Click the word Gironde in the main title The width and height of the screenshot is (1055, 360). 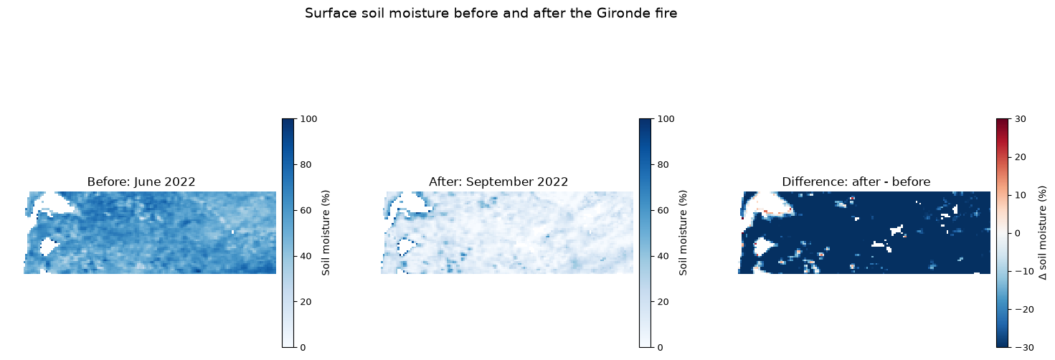pyautogui.click(x=618, y=13)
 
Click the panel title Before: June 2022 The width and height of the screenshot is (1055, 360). pyautogui.click(x=141, y=182)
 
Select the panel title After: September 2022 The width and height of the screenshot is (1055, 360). pyautogui.click(x=498, y=182)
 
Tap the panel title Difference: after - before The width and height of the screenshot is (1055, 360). pyautogui.click(x=856, y=182)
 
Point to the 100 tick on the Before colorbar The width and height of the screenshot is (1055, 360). pyautogui.click(x=308, y=119)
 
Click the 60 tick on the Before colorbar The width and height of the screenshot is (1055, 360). pyautogui.click(x=306, y=210)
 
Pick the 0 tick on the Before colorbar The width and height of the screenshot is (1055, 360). pyautogui.click(x=303, y=347)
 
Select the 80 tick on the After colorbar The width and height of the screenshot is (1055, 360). pyautogui.click(x=663, y=164)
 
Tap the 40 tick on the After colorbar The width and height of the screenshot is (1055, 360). pyautogui.click(x=663, y=256)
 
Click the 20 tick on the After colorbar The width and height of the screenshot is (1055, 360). pyautogui.click(x=663, y=302)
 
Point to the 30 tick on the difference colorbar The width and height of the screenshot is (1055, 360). pyautogui.click(x=1020, y=119)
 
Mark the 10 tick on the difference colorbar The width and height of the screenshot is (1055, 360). pyautogui.click(x=1020, y=195)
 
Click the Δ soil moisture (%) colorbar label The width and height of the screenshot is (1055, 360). pyautogui.click(x=1042, y=233)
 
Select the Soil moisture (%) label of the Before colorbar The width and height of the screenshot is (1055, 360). pyautogui.click(x=326, y=233)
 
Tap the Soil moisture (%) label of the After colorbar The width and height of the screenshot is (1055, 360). pyautogui.click(x=683, y=233)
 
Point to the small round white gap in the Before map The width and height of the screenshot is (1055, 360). pyautogui.click(x=48, y=247)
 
